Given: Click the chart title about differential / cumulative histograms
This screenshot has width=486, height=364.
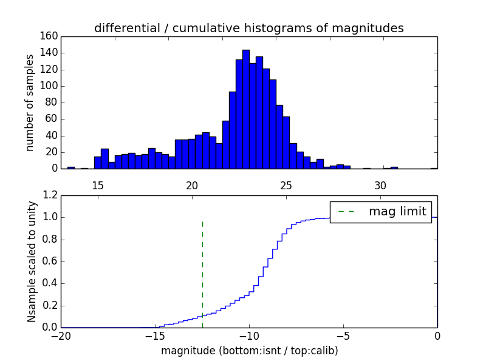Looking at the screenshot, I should [x=248, y=28].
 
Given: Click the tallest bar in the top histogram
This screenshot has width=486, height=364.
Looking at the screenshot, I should [x=246, y=109].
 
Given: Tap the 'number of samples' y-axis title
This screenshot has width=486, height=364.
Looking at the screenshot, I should [x=30, y=102].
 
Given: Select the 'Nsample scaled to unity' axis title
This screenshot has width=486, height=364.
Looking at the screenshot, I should [x=32, y=261].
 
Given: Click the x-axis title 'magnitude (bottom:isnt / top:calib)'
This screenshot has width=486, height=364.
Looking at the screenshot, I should [x=249, y=351].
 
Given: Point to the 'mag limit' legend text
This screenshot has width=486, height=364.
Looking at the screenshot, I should [x=397, y=212].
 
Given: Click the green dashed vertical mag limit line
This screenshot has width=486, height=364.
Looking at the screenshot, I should [x=202, y=273].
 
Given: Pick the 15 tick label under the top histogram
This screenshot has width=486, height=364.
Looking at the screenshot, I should [x=98, y=185].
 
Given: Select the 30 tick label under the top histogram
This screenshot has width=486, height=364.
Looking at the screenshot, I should [x=380, y=185].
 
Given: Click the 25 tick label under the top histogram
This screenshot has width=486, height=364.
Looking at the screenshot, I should [x=286, y=185].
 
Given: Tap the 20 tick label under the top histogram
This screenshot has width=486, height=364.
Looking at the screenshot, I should [x=192, y=185].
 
